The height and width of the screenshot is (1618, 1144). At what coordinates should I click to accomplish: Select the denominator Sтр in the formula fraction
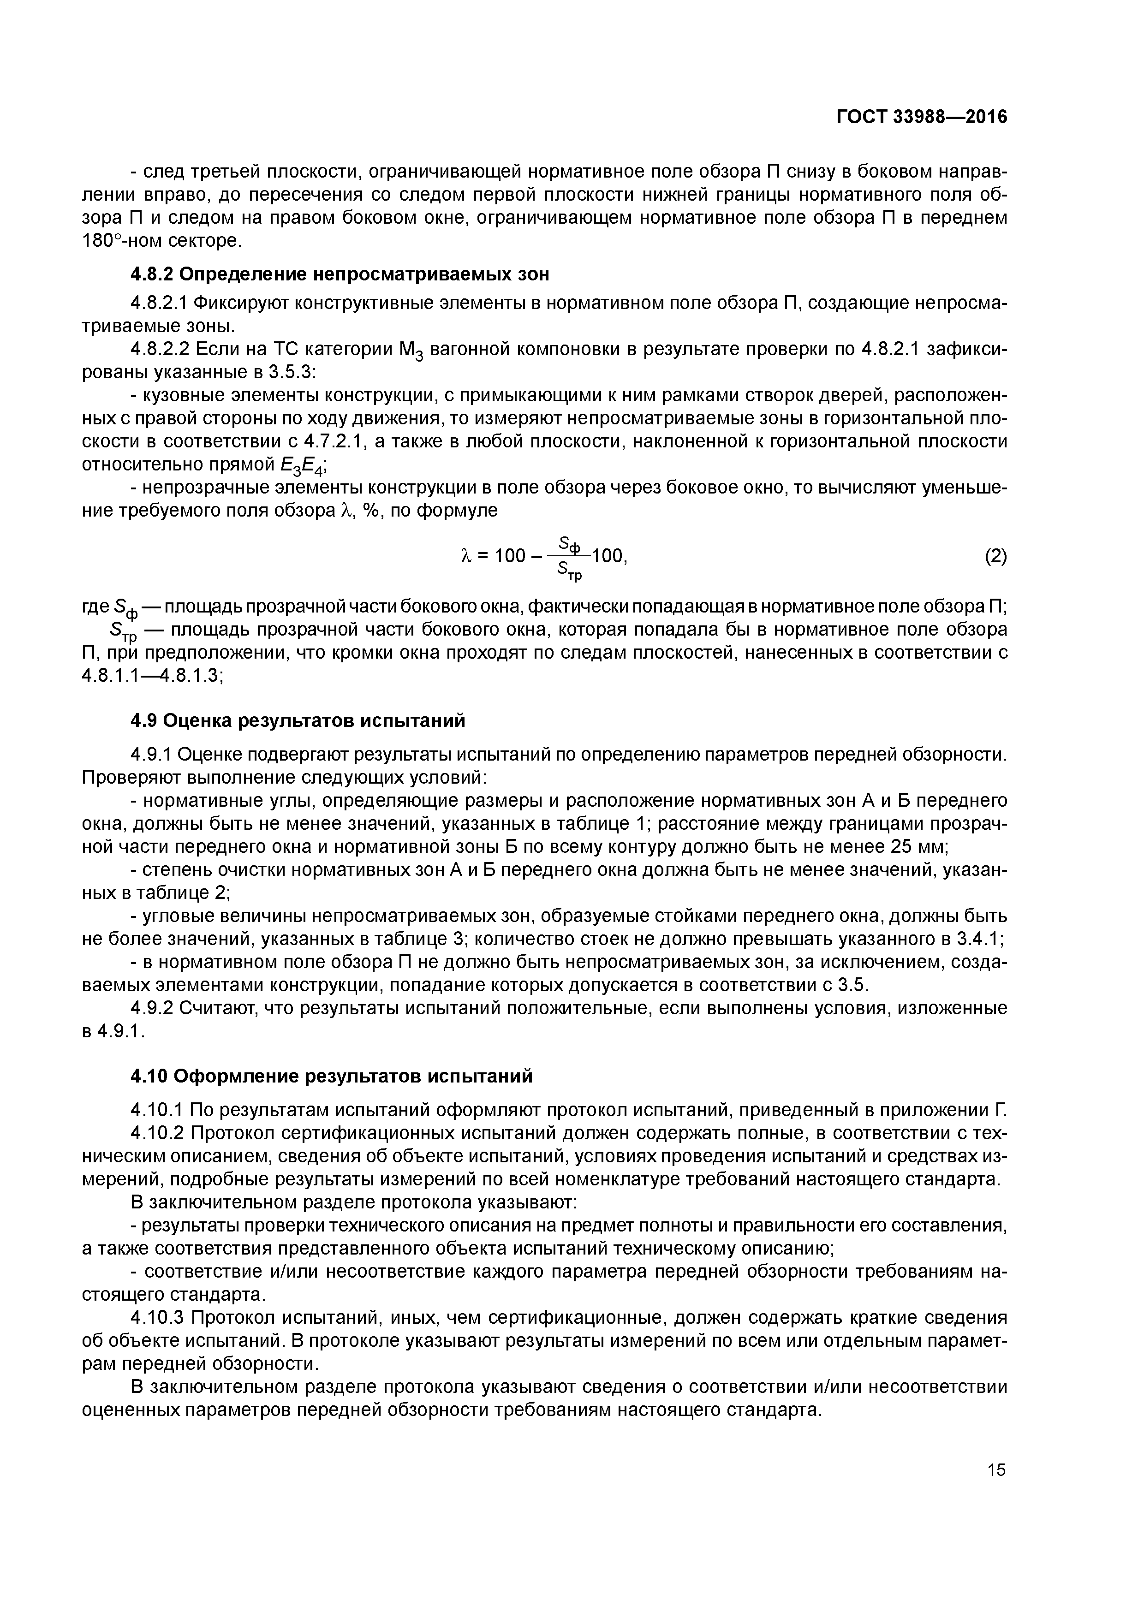(x=570, y=571)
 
